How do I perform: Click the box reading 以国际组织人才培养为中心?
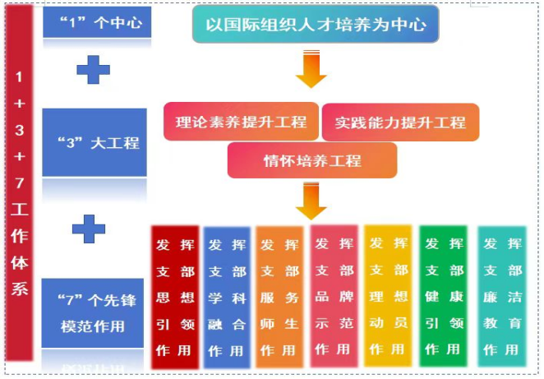[316, 25]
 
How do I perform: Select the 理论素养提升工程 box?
[241, 122]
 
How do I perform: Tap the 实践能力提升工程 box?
[400, 122]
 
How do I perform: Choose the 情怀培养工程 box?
[311, 160]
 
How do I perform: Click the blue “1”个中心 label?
[95, 22]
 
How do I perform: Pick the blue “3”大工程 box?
[95, 142]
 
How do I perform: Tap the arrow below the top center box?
[311, 68]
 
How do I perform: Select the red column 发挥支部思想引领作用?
[175, 297]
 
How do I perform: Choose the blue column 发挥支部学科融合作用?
[227, 297]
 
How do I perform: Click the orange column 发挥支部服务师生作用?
[279, 297]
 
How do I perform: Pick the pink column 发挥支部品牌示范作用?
[334, 297]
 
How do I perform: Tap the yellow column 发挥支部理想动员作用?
[389, 297]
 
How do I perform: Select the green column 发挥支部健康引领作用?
[443, 297]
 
